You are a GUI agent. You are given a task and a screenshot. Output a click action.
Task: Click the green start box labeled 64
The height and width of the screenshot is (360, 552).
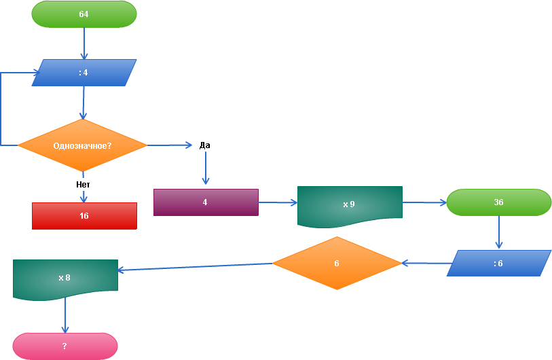(84, 14)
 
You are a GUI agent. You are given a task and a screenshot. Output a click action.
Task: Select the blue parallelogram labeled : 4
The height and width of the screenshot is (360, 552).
(84, 73)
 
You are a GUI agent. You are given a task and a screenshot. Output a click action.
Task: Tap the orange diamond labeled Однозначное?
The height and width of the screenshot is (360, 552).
(82, 145)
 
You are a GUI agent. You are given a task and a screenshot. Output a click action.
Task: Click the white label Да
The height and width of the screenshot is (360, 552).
(205, 145)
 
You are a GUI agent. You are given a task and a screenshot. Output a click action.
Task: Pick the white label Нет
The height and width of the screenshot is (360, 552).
(84, 184)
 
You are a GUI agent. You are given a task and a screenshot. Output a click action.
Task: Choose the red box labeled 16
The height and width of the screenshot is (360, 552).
(84, 216)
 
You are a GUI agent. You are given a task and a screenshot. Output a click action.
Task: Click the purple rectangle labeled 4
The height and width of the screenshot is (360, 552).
(206, 202)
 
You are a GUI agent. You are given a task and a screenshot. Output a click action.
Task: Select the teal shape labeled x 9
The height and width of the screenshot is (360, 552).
(350, 204)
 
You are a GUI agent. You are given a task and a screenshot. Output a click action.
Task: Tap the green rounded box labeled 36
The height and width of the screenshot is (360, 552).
(499, 202)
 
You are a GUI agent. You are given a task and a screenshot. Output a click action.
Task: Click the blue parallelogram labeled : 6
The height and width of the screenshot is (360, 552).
(499, 264)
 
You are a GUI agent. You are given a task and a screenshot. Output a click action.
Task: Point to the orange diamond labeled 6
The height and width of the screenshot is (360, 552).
(337, 264)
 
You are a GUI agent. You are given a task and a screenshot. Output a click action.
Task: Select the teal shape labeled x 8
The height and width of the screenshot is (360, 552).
(65, 278)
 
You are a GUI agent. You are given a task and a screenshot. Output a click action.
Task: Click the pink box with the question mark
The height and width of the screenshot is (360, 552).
(65, 346)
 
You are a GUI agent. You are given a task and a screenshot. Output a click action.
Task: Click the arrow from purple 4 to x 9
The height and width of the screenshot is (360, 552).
(278, 202)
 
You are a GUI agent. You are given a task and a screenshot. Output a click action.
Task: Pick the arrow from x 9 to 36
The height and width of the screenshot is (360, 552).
(424, 202)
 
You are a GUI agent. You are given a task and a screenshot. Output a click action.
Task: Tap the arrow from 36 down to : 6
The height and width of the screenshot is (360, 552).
(499, 232)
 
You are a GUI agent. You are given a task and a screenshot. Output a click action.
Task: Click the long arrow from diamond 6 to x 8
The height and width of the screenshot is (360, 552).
(196, 266)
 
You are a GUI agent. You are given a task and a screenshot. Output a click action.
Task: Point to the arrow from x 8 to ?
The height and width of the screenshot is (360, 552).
(65, 316)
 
